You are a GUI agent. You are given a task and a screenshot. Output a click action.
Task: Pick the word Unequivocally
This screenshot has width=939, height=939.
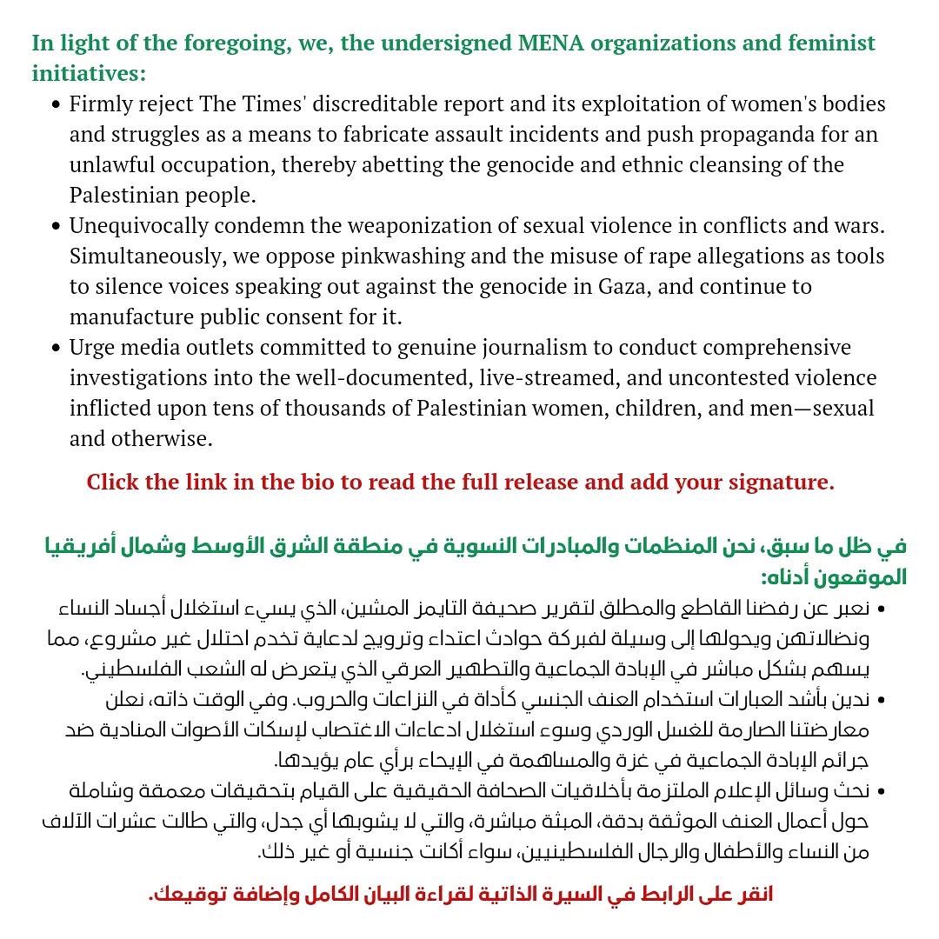click(138, 227)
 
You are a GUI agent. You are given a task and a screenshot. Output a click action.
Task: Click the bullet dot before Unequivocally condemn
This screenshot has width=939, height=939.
click(57, 227)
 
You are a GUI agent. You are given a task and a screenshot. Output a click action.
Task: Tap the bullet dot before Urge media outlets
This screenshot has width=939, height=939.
click(57, 348)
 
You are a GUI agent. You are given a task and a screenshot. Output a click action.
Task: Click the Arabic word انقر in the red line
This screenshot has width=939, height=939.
click(754, 895)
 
